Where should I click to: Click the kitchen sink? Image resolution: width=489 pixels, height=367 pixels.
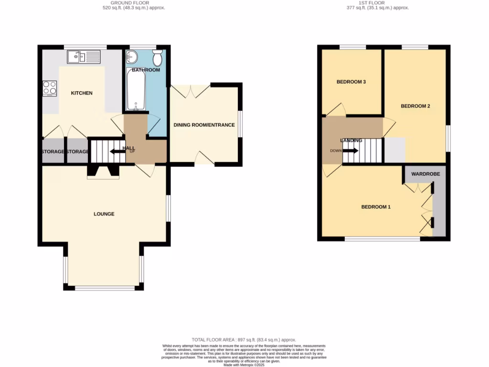tap(84, 58)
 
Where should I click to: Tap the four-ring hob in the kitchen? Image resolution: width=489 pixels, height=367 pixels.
tap(50, 88)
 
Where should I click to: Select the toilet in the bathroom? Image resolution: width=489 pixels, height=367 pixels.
tap(157, 59)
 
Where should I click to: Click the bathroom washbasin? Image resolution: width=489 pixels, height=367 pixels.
tap(132, 58)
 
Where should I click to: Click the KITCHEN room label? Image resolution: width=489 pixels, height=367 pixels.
tap(82, 93)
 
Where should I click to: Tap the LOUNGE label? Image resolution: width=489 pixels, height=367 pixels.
tap(104, 214)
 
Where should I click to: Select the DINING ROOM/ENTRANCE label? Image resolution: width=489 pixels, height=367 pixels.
tap(204, 125)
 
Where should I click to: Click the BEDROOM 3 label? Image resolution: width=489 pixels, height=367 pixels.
tap(351, 82)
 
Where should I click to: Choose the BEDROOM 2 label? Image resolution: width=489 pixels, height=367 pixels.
tap(415, 106)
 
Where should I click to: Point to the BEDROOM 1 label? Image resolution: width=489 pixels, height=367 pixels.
tap(376, 207)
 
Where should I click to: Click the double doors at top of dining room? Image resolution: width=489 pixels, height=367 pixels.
tap(190, 90)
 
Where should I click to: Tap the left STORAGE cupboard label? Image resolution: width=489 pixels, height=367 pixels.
tap(53, 152)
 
